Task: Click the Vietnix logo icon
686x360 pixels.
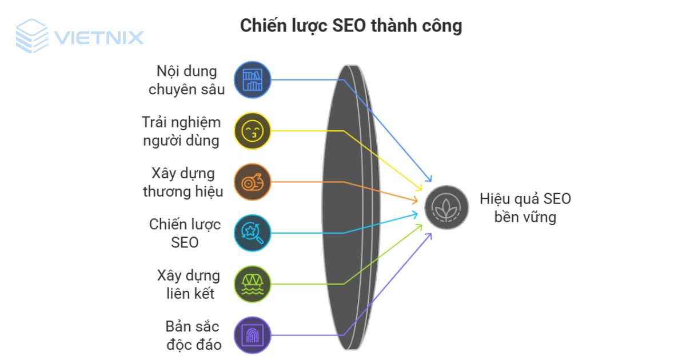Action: pyautogui.click(x=31, y=36)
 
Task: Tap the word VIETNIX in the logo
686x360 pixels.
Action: pyautogui.click(x=98, y=38)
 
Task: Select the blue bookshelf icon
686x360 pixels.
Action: pyautogui.click(x=253, y=80)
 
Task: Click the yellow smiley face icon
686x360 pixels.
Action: pyautogui.click(x=253, y=131)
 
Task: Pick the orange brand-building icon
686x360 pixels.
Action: pyautogui.click(x=253, y=182)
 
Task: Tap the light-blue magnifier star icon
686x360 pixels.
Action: pyautogui.click(x=253, y=233)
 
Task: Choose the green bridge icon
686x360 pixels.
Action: pyautogui.click(x=253, y=283)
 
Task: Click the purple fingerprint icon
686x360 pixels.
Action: pyautogui.click(x=253, y=334)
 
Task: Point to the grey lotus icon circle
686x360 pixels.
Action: pyautogui.click(x=446, y=207)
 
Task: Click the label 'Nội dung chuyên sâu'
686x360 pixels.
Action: pyautogui.click(x=188, y=80)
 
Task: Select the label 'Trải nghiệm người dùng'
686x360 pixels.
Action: pyautogui.click(x=182, y=131)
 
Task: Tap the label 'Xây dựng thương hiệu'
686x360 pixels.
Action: pyautogui.click(x=183, y=182)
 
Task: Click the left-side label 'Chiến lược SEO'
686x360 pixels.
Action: pyautogui.click(x=185, y=233)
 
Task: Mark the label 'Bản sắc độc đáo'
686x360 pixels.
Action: pyautogui.click(x=193, y=334)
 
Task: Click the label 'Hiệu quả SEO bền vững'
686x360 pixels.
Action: pyautogui.click(x=525, y=207)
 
